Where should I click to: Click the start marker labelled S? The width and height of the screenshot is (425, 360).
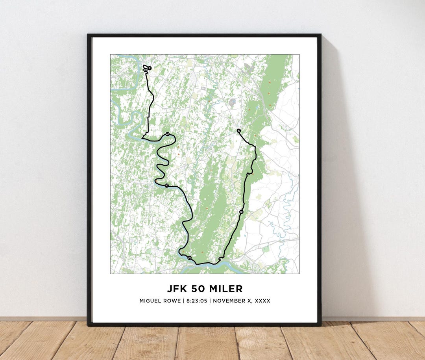pos(238,130)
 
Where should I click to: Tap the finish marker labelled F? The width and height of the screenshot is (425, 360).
pos(150,68)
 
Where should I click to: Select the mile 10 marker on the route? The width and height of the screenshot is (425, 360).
pos(241,212)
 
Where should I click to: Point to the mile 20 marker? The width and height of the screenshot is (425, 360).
pos(189,258)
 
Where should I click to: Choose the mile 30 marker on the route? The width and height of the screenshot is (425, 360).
pos(166,186)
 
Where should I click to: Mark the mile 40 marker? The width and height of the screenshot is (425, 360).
pos(168,134)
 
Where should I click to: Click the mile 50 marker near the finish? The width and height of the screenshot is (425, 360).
pos(145,70)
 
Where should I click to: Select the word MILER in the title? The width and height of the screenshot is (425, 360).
pos(225,289)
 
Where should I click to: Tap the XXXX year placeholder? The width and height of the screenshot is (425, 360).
pos(262,301)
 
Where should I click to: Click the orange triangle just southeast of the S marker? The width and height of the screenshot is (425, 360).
pos(255,135)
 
